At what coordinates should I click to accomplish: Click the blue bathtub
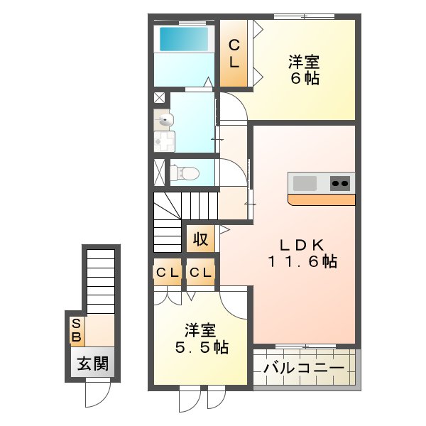184,38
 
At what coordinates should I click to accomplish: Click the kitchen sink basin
305,183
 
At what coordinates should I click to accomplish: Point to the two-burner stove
341,183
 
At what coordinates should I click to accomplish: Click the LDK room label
302,245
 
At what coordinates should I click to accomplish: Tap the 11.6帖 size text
302,262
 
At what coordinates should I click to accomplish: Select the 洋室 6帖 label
303,70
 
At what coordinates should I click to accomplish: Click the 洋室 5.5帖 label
202,339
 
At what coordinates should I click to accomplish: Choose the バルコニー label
304,368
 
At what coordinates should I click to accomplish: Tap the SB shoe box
76,329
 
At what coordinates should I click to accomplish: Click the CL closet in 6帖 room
233,53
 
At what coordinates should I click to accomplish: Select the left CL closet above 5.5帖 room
168,272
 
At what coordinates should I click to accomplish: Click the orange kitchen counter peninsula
322,200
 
